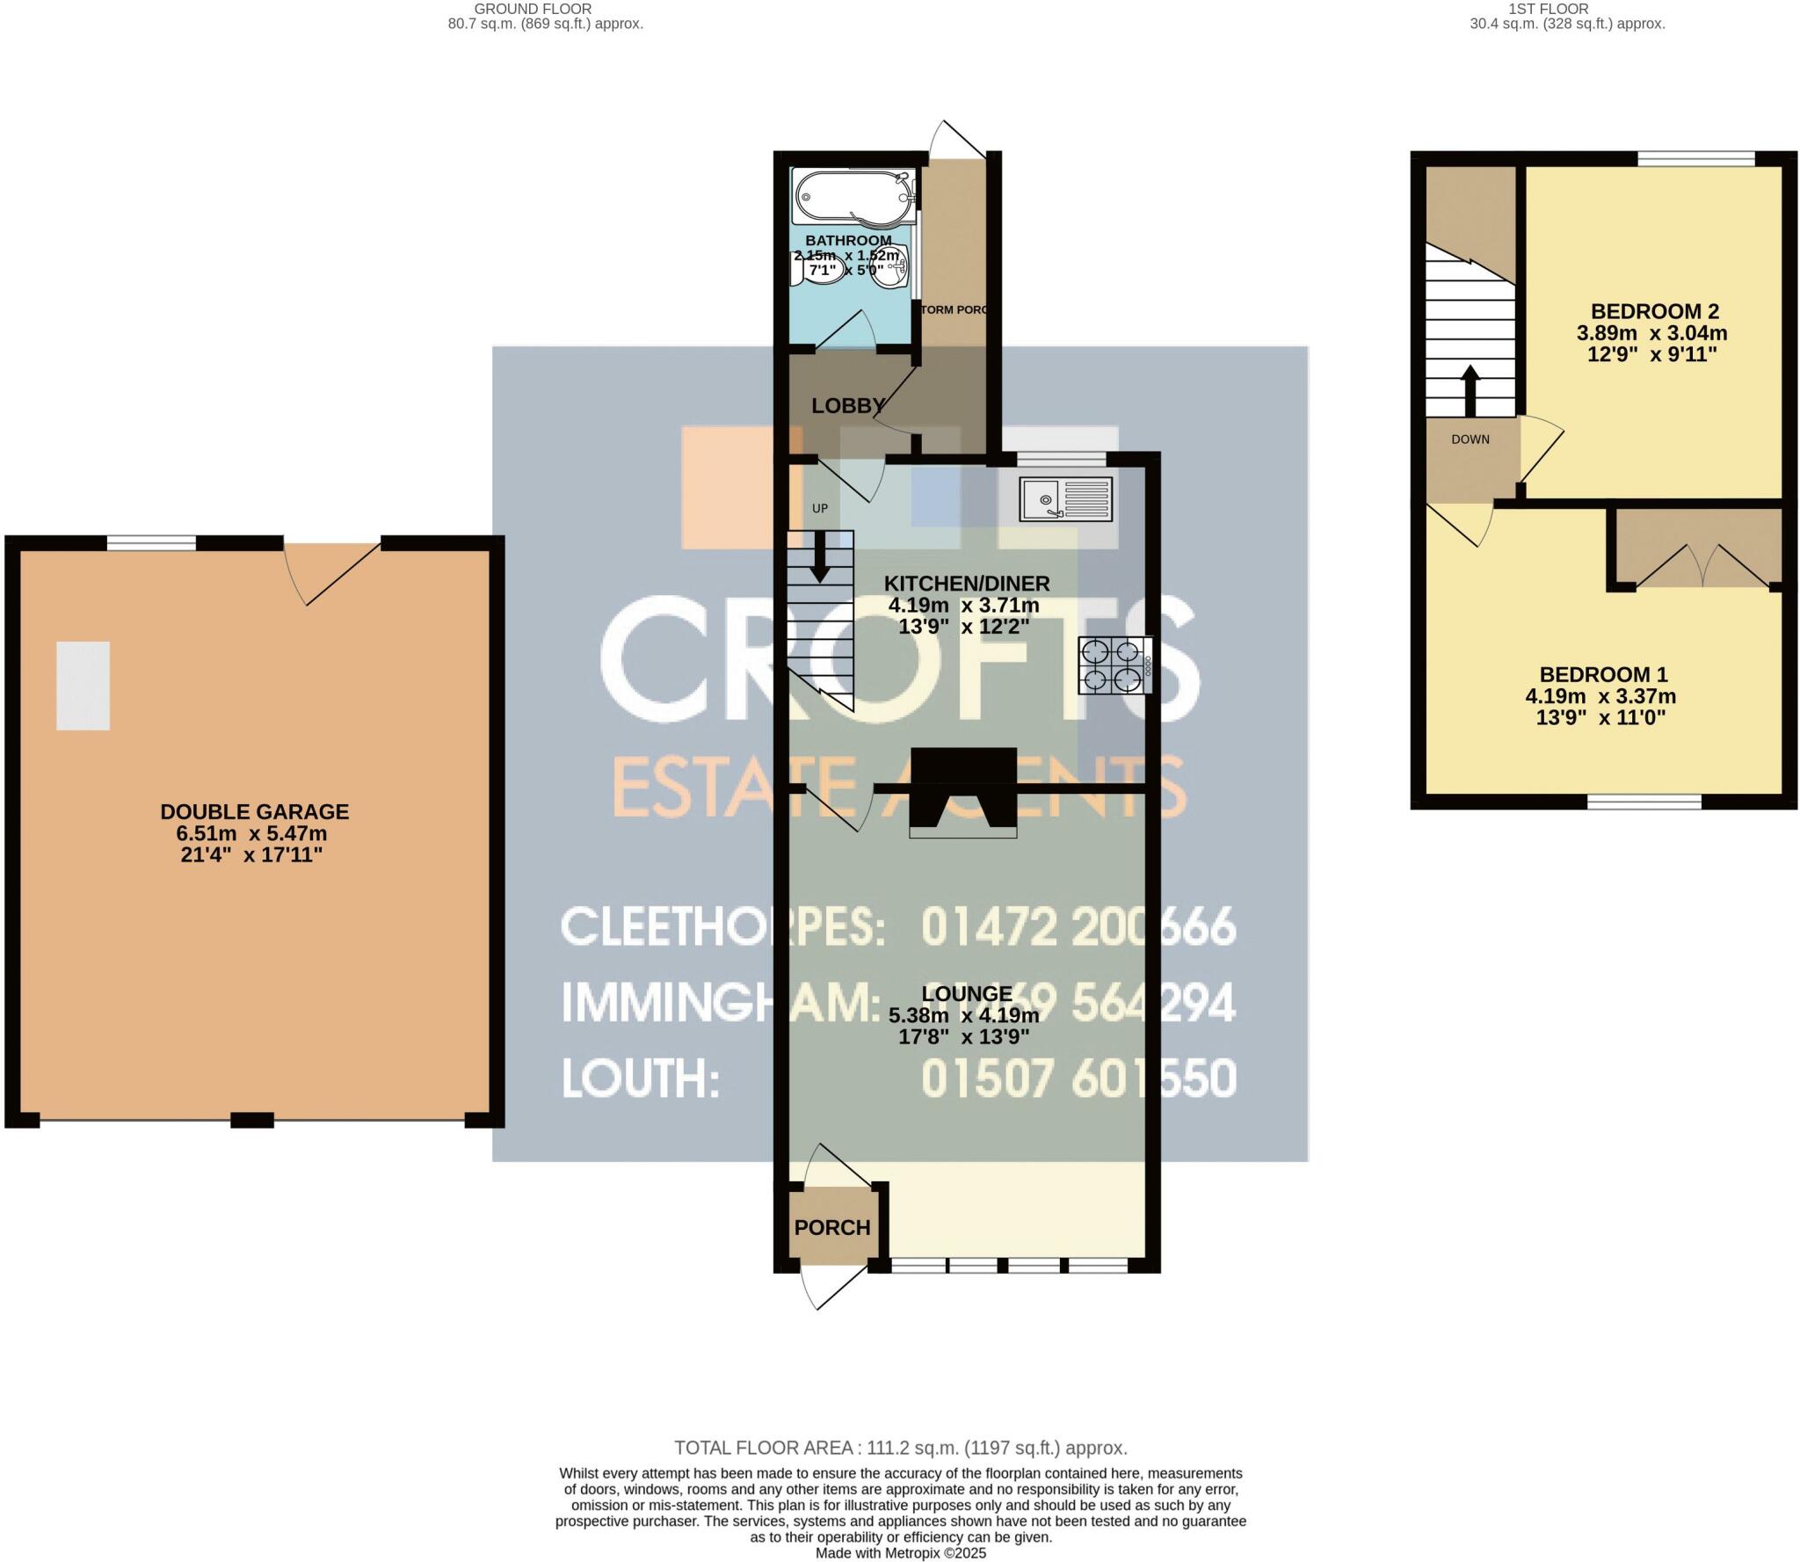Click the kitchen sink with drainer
tap(1066, 498)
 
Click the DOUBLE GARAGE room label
tap(254, 811)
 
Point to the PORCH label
tap(831, 1227)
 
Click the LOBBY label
tap(847, 405)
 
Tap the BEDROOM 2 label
tap(1654, 311)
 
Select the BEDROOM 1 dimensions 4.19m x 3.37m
tap(1600, 696)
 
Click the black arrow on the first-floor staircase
tap(1470, 389)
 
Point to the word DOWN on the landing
tap(1470, 440)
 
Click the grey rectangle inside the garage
tap(83, 685)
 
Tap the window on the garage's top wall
tap(151, 543)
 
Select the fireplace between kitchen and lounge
tap(963, 791)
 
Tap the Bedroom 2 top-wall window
tap(1695, 158)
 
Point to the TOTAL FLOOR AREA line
tap(900, 1448)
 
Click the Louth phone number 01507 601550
tap(1078, 1078)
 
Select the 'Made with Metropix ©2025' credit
tap(900, 1553)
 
